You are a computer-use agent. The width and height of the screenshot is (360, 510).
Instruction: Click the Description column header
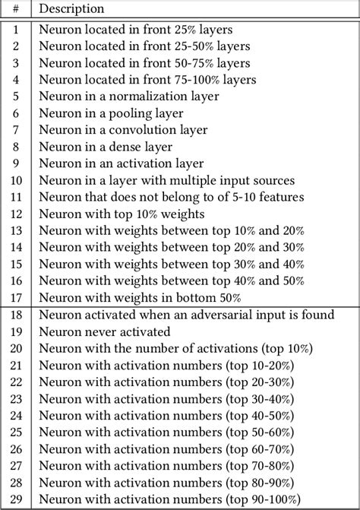tap(71, 9)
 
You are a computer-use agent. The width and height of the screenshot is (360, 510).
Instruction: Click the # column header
tap(17, 9)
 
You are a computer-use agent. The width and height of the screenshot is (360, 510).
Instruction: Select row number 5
tap(17, 97)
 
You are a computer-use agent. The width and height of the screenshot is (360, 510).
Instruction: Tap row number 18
tap(17, 315)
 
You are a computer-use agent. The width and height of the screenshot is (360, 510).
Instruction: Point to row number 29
tap(17, 499)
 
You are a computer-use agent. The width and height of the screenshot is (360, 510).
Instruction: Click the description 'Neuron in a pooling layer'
tap(106, 113)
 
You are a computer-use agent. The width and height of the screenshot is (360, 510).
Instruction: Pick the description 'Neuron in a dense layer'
tap(106, 147)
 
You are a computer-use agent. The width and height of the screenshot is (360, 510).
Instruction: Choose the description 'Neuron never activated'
tap(105, 331)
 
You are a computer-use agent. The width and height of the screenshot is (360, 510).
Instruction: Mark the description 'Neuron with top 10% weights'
tap(115, 214)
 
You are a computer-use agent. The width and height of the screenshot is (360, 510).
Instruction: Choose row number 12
tap(17, 214)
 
